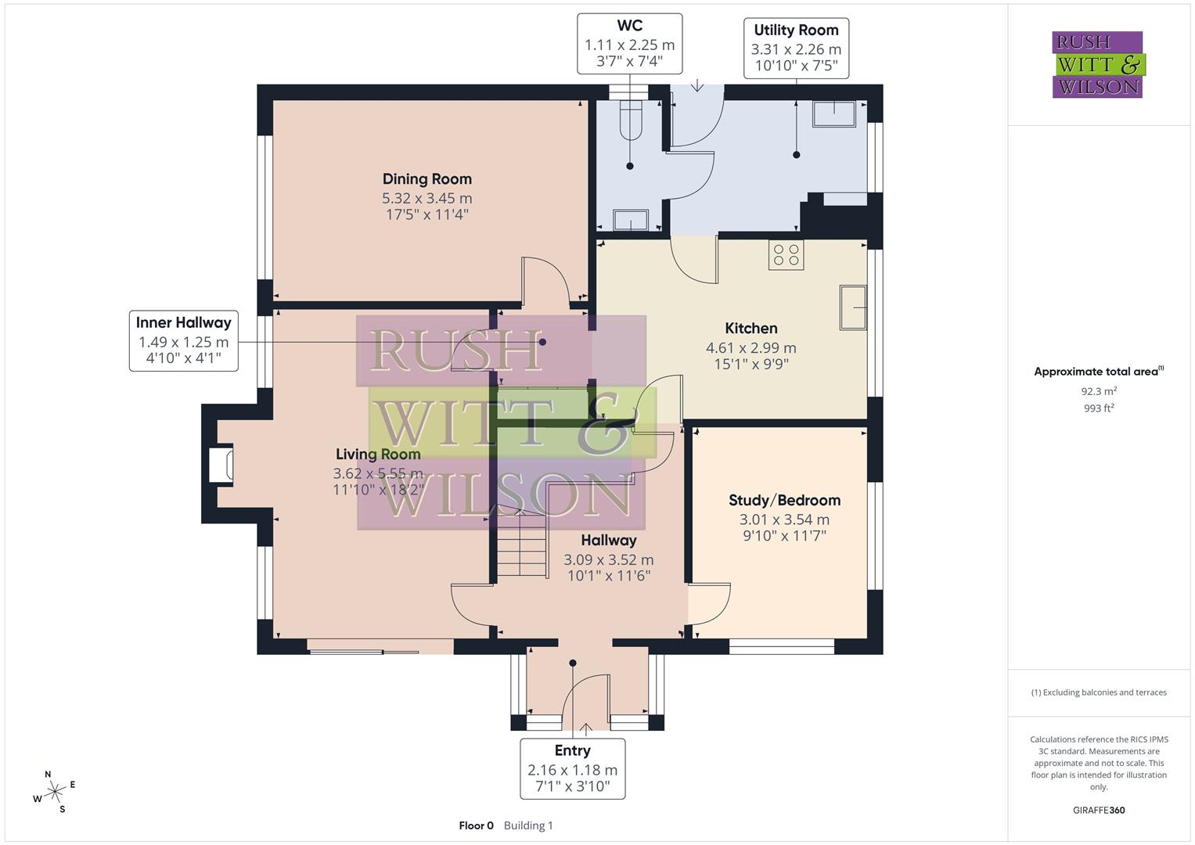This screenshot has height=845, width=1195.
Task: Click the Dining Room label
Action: click(427, 179)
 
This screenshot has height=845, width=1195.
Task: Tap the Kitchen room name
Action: click(750, 329)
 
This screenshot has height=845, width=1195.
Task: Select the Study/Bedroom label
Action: click(784, 500)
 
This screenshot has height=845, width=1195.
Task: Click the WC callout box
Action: click(629, 44)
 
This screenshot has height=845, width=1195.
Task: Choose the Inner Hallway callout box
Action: click(184, 341)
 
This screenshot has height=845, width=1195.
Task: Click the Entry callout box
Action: click(572, 768)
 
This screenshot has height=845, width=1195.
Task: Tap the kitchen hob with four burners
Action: click(786, 254)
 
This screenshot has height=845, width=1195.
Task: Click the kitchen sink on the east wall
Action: click(853, 307)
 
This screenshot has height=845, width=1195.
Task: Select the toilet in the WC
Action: click(629, 119)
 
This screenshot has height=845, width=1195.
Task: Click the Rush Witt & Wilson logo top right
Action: click(1097, 64)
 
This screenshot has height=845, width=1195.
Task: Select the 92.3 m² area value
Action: click(1098, 391)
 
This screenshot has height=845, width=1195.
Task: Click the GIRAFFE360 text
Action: click(1098, 810)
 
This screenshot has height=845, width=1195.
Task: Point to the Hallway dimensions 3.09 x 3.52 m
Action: click(608, 559)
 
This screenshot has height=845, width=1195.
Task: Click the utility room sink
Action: click(833, 114)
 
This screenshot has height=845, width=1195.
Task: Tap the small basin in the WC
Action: click(630, 221)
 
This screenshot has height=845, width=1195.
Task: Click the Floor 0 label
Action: click(476, 825)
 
